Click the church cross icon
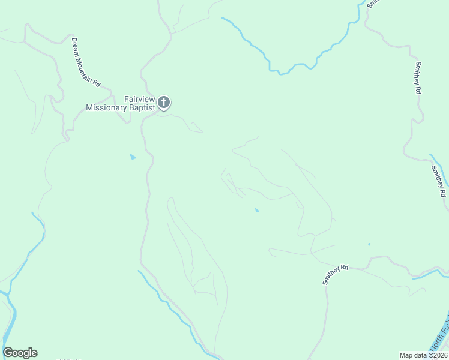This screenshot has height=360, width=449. [x=164, y=103]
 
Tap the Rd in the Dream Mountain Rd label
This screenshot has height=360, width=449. [x=96, y=79]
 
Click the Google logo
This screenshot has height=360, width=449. [x=20, y=353]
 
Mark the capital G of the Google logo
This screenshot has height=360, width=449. [x=8, y=353]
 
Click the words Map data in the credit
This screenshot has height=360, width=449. [x=414, y=355]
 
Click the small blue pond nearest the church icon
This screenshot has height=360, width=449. [x=133, y=157]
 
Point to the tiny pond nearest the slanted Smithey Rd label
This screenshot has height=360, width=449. [x=369, y=244]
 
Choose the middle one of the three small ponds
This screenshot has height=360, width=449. [x=257, y=211]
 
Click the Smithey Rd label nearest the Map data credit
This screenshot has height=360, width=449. [x=336, y=274]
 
